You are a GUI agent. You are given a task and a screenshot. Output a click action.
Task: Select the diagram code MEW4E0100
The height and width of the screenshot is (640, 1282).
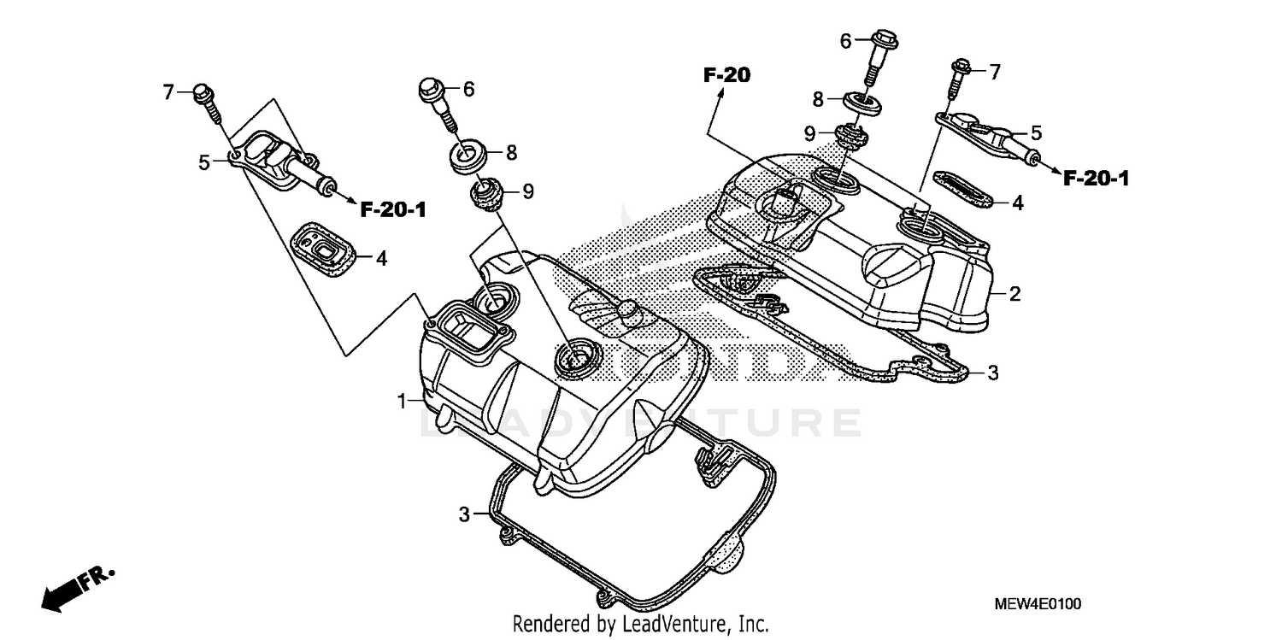[x=1038, y=604]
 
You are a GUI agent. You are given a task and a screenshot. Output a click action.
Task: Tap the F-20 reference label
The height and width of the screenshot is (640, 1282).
[x=726, y=75]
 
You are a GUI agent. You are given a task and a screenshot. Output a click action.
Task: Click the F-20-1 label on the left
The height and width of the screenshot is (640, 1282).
[x=393, y=209]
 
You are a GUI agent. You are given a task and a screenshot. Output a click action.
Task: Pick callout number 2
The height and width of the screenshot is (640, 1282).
[x=1014, y=295]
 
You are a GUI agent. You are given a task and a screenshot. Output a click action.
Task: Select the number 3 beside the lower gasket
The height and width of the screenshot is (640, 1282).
[x=464, y=514]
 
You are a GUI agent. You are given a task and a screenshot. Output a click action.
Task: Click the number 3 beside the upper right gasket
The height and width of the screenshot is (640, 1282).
[x=992, y=373]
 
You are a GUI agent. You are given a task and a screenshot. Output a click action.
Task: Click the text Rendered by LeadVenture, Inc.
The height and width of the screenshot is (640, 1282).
[x=640, y=624]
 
